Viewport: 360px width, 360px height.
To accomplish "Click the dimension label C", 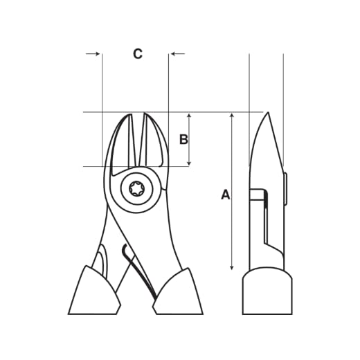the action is [138, 54].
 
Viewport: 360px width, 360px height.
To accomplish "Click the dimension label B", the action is [183, 139].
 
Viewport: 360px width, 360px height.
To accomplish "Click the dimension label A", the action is [226, 195].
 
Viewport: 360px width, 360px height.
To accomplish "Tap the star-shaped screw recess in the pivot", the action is [137, 189].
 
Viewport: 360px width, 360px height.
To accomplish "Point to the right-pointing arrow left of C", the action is [93, 54].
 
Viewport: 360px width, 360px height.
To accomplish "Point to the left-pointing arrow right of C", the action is [178, 54].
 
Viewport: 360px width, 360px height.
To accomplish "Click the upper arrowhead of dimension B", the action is [189, 116].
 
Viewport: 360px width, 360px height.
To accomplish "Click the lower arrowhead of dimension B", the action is [189, 163].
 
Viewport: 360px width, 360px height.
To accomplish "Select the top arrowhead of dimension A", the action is [232, 116].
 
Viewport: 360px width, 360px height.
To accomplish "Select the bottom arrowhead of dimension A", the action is [232, 267].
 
